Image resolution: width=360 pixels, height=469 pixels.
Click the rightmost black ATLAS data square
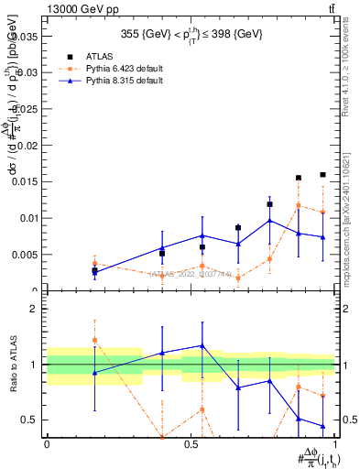click(322, 174)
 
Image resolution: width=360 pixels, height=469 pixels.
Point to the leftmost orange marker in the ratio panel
click(94, 340)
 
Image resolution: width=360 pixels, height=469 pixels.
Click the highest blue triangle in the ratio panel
click(202, 345)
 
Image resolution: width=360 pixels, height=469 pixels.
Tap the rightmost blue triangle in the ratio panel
click(322, 426)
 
